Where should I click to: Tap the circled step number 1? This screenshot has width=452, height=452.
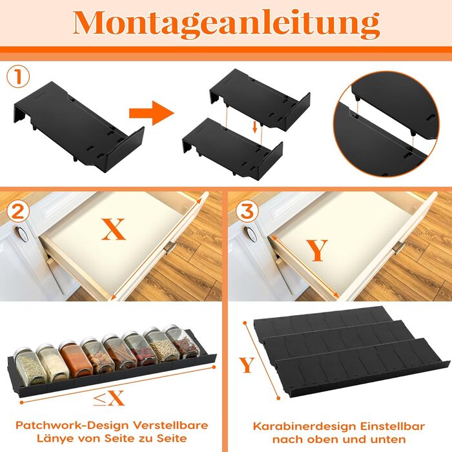[x=18, y=76]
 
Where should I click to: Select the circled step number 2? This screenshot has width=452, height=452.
[x=18, y=211]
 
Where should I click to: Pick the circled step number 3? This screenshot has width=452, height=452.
[x=247, y=211]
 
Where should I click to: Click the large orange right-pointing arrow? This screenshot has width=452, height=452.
[x=151, y=113]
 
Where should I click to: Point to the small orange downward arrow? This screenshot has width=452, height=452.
[x=254, y=127]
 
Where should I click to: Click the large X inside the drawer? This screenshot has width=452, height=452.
[x=113, y=229]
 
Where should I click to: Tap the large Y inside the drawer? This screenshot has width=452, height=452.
[x=317, y=251]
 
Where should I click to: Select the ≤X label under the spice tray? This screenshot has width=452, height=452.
[x=108, y=398]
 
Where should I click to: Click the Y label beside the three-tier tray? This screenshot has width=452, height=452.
[x=247, y=365]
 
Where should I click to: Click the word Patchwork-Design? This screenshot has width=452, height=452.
[x=72, y=426]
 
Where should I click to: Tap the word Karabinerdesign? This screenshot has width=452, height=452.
[x=305, y=426]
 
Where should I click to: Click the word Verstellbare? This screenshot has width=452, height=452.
[x=170, y=426]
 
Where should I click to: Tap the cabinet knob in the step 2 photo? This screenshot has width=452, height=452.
[x=22, y=234]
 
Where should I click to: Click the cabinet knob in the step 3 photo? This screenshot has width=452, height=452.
[x=251, y=234]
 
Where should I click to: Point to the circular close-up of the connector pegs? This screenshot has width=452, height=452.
[x=385, y=125]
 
